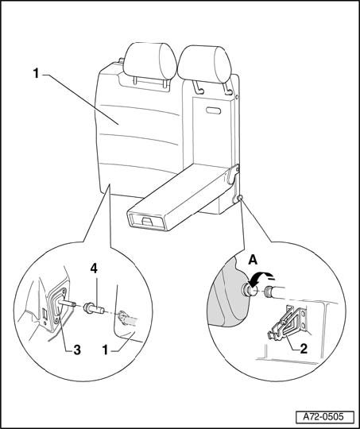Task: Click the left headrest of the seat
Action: click(x=149, y=60)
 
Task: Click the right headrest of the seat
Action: click(x=205, y=64)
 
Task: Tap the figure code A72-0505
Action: click(x=323, y=417)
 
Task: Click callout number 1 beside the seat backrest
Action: click(x=36, y=73)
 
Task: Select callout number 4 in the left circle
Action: click(x=94, y=269)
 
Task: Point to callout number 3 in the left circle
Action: click(x=77, y=350)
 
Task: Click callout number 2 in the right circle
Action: click(x=304, y=349)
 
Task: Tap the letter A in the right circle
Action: click(x=253, y=260)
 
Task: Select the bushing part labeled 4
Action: click(x=95, y=308)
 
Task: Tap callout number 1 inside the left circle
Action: click(x=105, y=350)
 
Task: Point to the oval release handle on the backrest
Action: click(x=213, y=110)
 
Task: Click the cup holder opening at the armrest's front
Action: click(x=147, y=221)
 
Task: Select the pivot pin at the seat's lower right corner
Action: click(x=240, y=198)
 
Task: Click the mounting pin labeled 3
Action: click(x=67, y=303)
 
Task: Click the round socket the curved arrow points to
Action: click(x=250, y=291)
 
